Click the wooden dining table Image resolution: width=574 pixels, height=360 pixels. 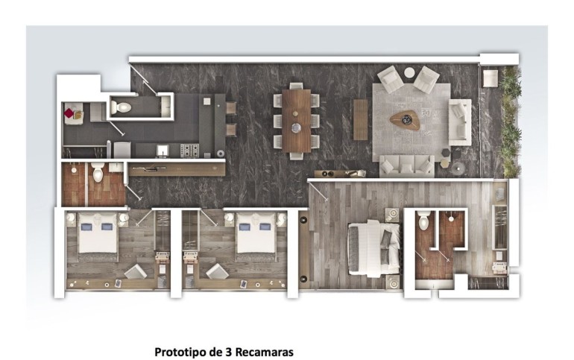point(297,121)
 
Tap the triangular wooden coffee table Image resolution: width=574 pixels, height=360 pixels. point(404,120)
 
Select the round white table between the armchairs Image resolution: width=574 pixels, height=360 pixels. point(409,72)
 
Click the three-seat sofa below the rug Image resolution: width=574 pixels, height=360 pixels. point(407,165)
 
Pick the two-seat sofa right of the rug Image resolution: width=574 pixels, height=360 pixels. point(460,122)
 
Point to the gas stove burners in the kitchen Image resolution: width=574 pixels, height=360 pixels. point(189,151)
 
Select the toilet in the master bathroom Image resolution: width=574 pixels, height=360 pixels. point(423,221)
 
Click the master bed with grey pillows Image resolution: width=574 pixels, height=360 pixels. point(373,248)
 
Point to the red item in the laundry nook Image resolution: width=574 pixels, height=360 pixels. point(69,113)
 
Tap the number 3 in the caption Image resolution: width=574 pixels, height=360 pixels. point(227,352)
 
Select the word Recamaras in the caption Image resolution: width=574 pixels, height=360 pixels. point(264,352)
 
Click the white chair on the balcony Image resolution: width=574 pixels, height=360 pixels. point(490,78)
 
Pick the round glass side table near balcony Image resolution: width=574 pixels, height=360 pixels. point(458,168)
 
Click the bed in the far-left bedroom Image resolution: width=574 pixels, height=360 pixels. point(98,237)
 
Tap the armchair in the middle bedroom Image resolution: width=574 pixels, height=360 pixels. point(217,271)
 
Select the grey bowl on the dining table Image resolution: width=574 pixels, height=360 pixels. point(297,127)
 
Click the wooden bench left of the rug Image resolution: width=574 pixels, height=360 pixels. point(360,120)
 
